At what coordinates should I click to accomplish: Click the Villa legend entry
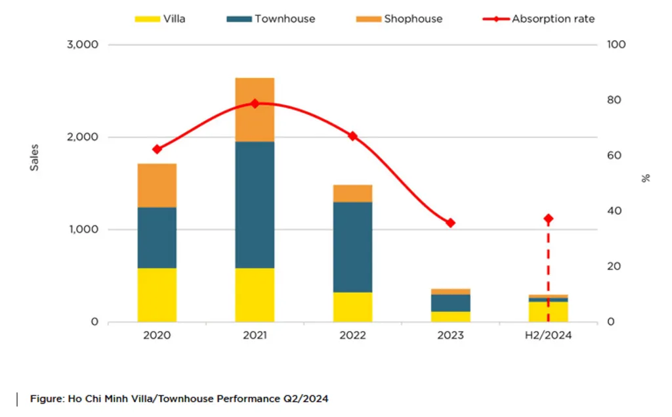(160, 19)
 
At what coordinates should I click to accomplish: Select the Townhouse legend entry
(270, 19)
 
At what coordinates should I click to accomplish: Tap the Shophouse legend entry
(399, 19)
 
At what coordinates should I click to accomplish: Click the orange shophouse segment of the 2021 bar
(255, 110)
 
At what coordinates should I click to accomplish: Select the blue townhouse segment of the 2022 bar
(352, 246)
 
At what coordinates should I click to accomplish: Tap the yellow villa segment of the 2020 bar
(157, 294)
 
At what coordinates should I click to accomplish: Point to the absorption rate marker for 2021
(255, 104)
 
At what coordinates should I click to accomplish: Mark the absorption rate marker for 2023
(450, 223)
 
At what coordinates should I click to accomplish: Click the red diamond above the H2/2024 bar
(548, 219)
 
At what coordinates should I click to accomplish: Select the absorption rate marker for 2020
(157, 149)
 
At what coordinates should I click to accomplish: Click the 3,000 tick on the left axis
(83, 45)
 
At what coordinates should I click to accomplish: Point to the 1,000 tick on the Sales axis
(83, 230)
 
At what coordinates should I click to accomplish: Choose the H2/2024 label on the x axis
(548, 335)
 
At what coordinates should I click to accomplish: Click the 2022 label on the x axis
(352, 335)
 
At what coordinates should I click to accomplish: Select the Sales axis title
(34, 158)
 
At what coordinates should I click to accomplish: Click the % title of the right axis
(646, 178)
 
